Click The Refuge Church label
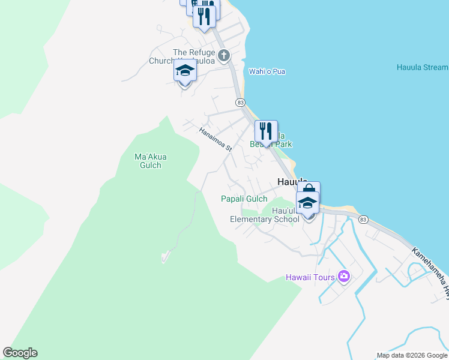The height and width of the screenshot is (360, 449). pyautogui.click(x=193, y=53)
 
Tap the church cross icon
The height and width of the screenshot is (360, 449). pyautogui.click(x=224, y=56)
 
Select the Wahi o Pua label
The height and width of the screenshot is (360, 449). pyautogui.click(x=267, y=72)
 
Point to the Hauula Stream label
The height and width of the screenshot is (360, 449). pyautogui.click(x=422, y=67)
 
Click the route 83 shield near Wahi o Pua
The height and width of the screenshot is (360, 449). pyautogui.click(x=241, y=103)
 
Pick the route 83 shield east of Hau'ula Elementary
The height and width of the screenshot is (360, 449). pyautogui.click(x=363, y=220)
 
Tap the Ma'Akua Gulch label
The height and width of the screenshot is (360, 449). pyautogui.click(x=151, y=161)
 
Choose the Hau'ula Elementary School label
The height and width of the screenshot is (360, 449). pyautogui.click(x=265, y=215)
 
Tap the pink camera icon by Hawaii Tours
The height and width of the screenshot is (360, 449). pyautogui.click(x=344, y=277)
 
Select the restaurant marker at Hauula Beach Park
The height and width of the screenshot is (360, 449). pyautogui.click(x=265, y=131)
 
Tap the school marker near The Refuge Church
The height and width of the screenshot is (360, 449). pyautogui.click(x=185, y=73)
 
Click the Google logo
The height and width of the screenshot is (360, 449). pyautogui.click(x=20, y=353)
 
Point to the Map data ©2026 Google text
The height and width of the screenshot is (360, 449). pyautogui.click(x=411, y=355)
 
